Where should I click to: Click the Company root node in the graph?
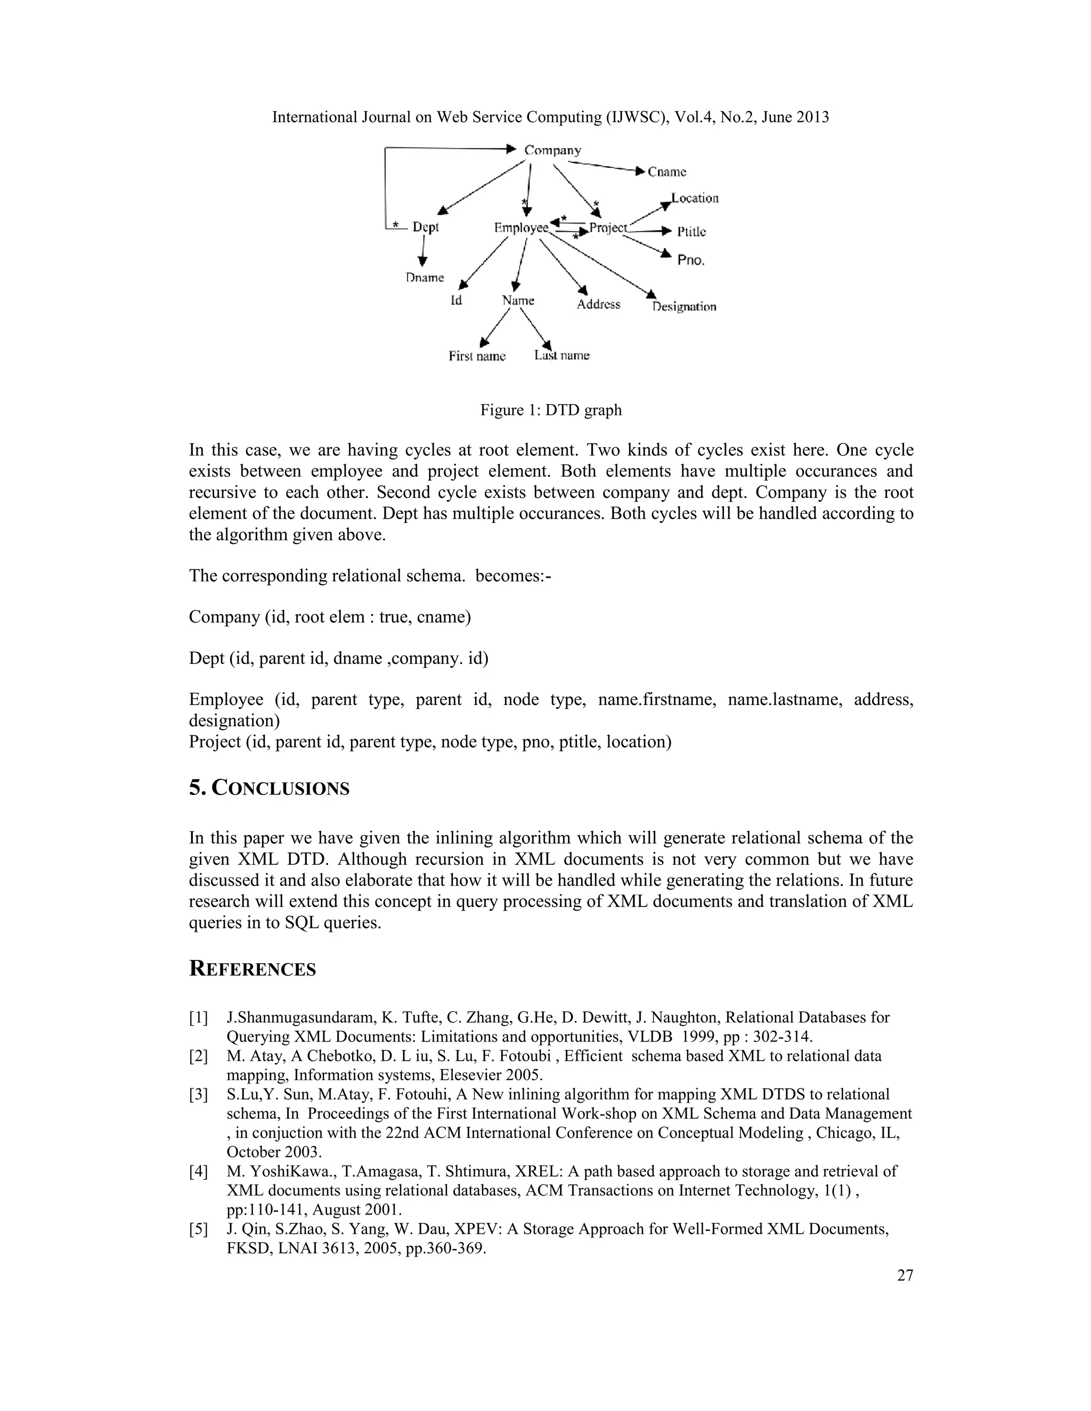[x=552, y=151]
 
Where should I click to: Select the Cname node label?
[x=666, y=172]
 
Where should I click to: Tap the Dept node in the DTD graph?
[x=425, y=227]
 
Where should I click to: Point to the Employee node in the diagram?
[x=521, y=227]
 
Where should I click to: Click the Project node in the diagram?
[x=607, y=227]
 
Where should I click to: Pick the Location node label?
[x=694, y=199]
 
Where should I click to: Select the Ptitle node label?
[x=691, y=232]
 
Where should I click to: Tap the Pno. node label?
[x=690, y=260]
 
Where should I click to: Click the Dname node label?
[x=425, y=278]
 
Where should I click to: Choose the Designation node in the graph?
[x=684, y=307]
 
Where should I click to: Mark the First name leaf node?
[x=477, y=356]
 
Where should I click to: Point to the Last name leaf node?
[x=561, y=355]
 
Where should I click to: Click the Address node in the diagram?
[x=598, y=304]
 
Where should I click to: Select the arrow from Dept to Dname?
[x=422, y=251]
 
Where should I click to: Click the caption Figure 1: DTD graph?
[x=551, y=410]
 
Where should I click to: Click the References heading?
[x=252, y=969]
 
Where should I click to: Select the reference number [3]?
[x=198, y=1094]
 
